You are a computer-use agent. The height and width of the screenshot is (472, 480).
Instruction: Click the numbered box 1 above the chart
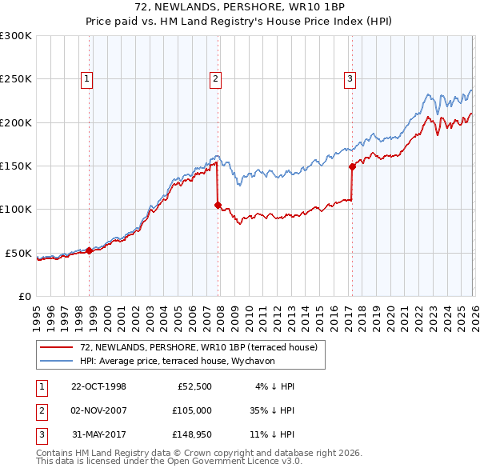[86, 78]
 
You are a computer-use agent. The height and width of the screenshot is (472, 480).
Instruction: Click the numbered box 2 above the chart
[216, 78]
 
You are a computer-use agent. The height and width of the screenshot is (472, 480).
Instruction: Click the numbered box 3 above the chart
[350, 78]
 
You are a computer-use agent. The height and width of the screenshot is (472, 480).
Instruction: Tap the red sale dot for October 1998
[89, 250]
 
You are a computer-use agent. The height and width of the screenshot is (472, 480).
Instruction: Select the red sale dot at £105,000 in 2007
[218, 205]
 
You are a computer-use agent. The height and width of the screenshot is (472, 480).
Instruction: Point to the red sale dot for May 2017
[352, 167]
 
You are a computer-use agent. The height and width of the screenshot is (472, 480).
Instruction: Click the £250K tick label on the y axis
[16, 79]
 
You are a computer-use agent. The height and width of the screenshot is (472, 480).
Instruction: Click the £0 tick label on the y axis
[24, 296]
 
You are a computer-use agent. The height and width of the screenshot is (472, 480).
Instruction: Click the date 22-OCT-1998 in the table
[98, 386]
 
